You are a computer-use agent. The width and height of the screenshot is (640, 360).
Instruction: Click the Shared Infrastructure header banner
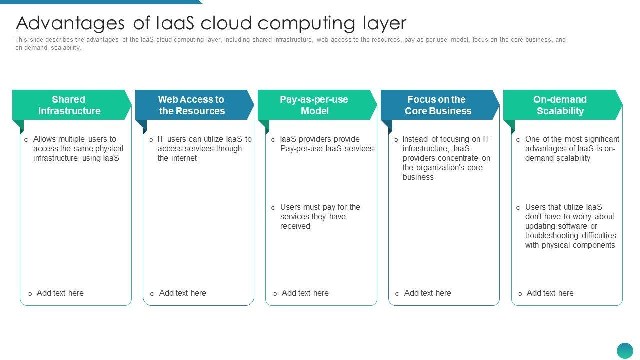point(69,105)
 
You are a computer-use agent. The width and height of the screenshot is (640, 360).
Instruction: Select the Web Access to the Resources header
point(192,105)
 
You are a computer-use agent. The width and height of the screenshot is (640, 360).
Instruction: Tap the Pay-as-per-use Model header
point(314,105)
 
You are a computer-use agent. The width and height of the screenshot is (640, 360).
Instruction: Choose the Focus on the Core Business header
point(437,105)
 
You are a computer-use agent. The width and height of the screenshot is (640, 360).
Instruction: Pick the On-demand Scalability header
point(560,105)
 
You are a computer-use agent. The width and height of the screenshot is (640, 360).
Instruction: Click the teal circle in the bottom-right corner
point(625,351)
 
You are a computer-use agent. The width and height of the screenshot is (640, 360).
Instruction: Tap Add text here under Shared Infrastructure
point(60,293)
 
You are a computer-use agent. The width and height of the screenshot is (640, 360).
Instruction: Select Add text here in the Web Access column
point(182,293)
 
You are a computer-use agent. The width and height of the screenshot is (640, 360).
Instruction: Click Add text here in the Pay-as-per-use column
point(305,293)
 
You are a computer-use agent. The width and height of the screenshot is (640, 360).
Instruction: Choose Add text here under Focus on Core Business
point(427,293)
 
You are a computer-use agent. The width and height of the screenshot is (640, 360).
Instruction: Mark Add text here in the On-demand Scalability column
point(550,293)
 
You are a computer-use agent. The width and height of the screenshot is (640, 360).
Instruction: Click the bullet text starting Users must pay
point(320,216)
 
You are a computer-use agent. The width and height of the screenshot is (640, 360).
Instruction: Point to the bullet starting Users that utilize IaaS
point(570,226)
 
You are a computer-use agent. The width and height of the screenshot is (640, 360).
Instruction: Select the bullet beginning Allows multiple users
point(78,148)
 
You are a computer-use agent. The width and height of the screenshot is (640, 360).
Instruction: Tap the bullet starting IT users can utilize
point(204,148)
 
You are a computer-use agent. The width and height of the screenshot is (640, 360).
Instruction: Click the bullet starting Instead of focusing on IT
point(446,158)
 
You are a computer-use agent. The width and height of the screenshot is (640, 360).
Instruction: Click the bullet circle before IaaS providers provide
point(273,140)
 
